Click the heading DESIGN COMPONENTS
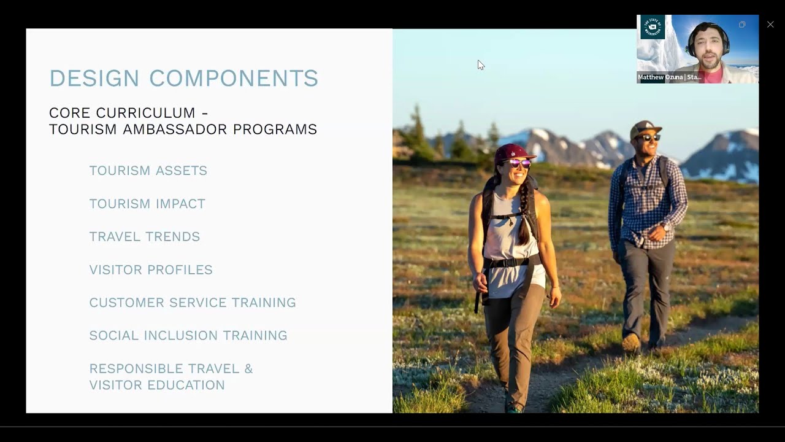pyautogui.click(x=184, y=79)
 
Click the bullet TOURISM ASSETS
pyautogui.click(x=148, y=171)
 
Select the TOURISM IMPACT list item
pyautogui.click(x=147, y=204)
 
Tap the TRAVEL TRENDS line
pyautogui.click(x=145, y=237)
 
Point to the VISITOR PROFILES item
pyautogui.click(x=151, y=270)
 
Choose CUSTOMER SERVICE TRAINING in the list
pyautogui.click(x=193, y=303)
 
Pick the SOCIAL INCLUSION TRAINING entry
pyautogui.click(x=188, y=336)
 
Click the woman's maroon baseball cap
pyautogui.click(x=513, y=152)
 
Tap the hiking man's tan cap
pyautogui.click(x=645, y=127)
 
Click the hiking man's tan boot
pyautogui.click(x=631, y=342)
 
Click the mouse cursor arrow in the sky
pyautogui.click(x=480, y=64)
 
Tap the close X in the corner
pyautogui.click(x=770, y=25)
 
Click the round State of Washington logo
pyautogui.click(x=653, y=28)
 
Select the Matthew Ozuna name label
pyautogui.click(x=669, y=77)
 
